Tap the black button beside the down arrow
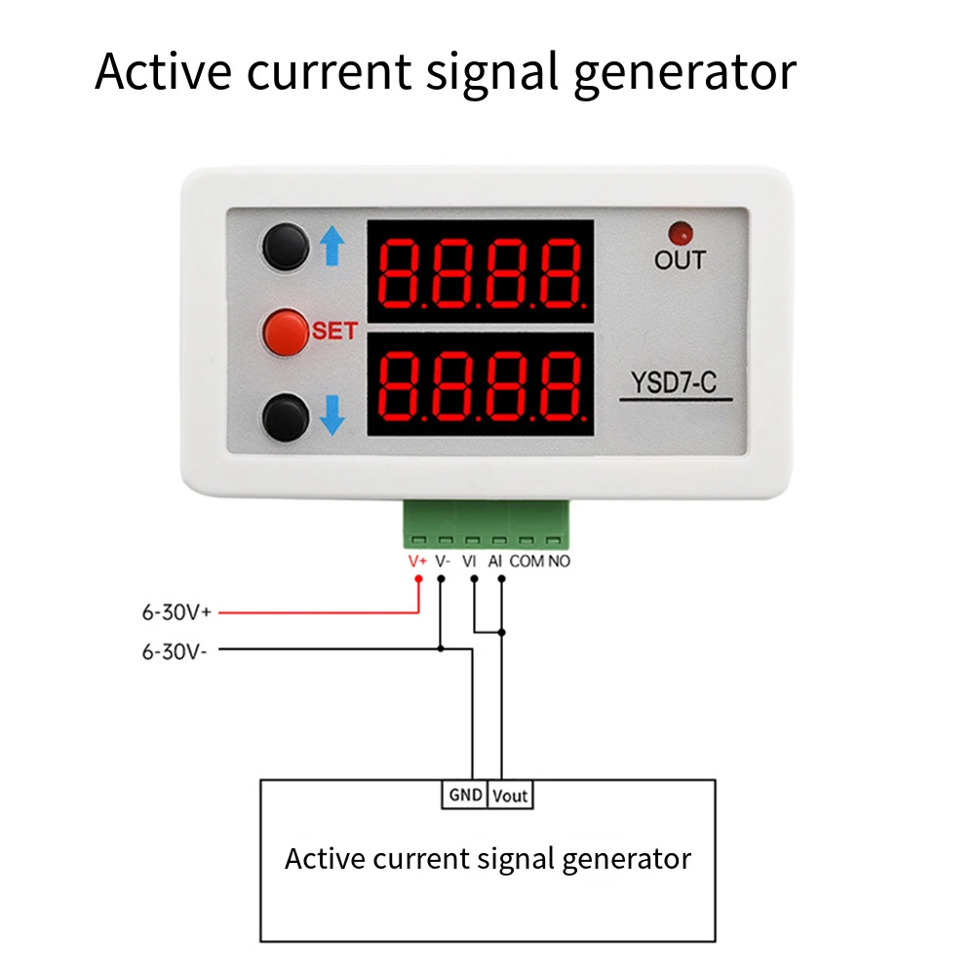[x=284, y=417]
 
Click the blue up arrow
[x=332, y=246]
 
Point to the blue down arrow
[x=332, y=417]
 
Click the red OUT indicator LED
[x=680, y=234]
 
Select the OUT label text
[x=680, y=260]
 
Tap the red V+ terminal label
[x=417, y=562]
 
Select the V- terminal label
[x=442, y=562]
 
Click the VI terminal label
[x=469, y=562]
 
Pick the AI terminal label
[x=494, y=562]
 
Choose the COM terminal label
[x=527, y=562]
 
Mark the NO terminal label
[x=559, y=562]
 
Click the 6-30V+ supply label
[x=176, y=613]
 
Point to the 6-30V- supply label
[x=175, y=651]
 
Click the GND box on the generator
[x=465, y=795]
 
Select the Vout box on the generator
[x=510, y=796]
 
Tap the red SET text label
[x=334, y=331]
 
